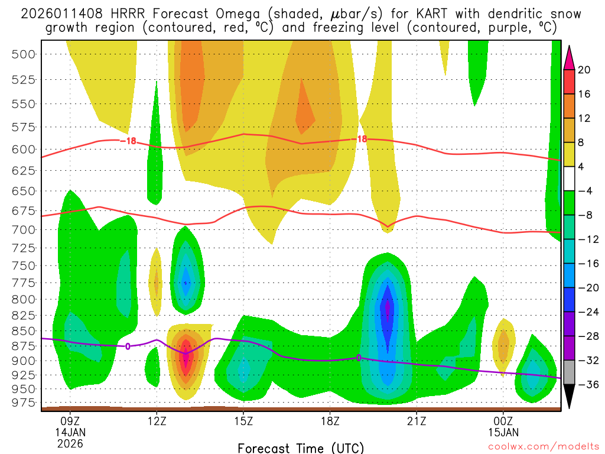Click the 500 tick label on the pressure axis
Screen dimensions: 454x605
pyautogui.click(x=24, y=54)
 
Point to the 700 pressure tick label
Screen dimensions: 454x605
pyautogui.click(x=24, y=229)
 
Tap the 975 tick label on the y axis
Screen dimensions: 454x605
pyautogui.click(x=24, y=403)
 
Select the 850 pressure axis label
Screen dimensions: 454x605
pyautogui.click(x=24, y=330)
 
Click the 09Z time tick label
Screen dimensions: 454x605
pyautogui.click(x=70, y=423)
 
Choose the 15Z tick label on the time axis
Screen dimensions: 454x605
pyautogui.click(x=243, y=423)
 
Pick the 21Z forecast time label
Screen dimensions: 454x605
pyautogui.click(x=417, y=423)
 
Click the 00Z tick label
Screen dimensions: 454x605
pyautogui.click(x=503, y=423)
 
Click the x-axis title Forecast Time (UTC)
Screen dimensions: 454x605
pyautogui.click(x=301, y=447)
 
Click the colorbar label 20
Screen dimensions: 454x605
pyautogui.click(x=584, y=70)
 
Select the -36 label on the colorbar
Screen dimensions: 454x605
pyautogui.click(x=586, y=385)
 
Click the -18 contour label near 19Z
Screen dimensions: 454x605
pyautogui.click(x=360, y=139)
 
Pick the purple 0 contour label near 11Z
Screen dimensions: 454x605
pyautogui.click(x=128, y=346)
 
